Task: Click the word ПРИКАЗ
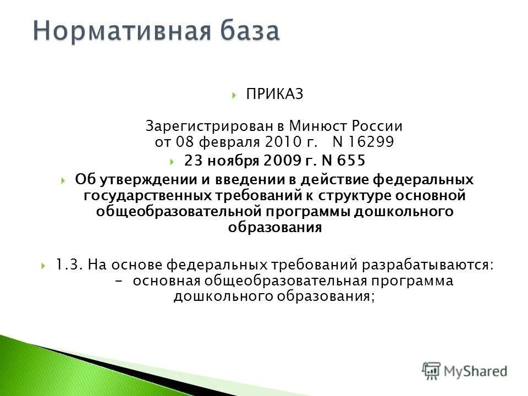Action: click(x=274, y=95)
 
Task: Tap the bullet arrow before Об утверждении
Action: click(x=64, y=180)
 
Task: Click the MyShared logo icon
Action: click(x=432, y=370)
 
